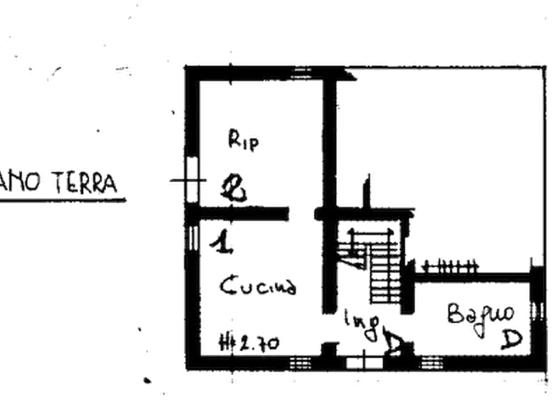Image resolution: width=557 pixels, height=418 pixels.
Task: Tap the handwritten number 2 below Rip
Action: pyautogui.click(x=235, y=188)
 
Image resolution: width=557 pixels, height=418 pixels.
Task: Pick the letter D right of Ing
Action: pyautogui.click(x=394, y=344)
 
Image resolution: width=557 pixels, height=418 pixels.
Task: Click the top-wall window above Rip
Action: pyautogui.click(x=301, y=69)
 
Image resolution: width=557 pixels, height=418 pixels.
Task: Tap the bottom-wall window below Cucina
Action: pyautogui.click(x=300, y=362)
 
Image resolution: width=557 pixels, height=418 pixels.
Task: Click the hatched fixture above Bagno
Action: pyautogui.click(x=447, y=266)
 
